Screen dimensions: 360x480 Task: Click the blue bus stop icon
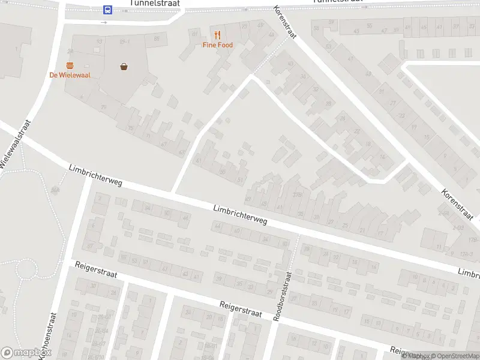point(107,10)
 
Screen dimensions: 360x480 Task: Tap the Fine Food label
point(217,45)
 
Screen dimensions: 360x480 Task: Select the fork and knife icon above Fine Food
point(217,35)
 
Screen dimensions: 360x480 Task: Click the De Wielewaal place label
point(70,75)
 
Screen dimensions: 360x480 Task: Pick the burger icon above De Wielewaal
point(70,65)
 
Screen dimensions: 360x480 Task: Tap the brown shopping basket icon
point(124,67)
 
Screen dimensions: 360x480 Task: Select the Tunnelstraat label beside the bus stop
point(156,4)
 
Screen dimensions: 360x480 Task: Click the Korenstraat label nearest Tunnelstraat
point(285,23)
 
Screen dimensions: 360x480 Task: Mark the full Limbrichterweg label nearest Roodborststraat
point(240,214)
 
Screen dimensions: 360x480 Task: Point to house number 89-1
point(125,41)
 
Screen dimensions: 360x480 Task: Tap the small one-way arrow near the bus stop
point(104,22)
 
